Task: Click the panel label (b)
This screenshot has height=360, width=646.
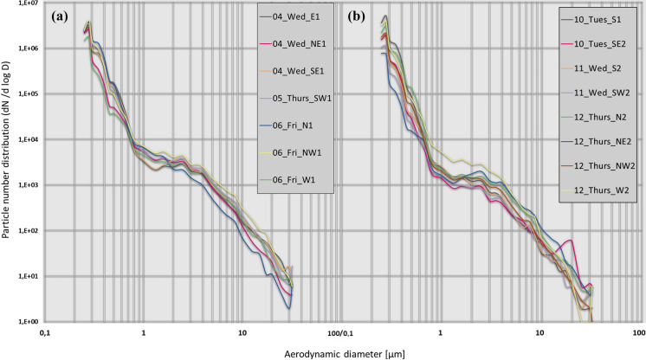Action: tap(361, 16)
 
